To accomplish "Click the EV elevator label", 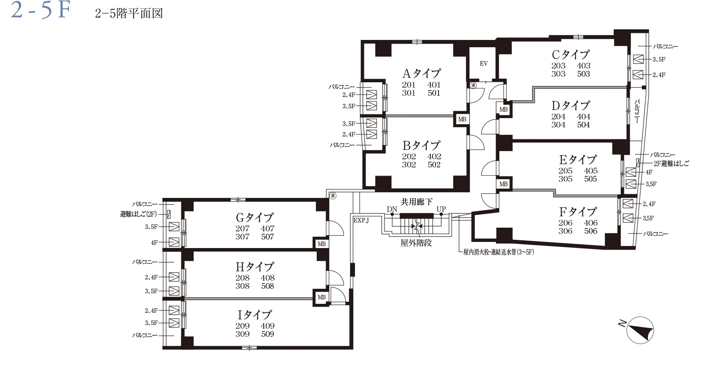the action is [483, 64].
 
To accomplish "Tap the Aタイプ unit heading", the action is [421, 73].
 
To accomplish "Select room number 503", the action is [584, 74].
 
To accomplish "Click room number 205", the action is [565, 171].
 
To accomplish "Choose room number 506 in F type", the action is [591, 231].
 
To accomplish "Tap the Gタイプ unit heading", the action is [255, 217].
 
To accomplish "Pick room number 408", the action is [268, 278].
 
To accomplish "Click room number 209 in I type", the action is [242, 326].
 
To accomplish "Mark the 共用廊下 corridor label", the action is [417, 202].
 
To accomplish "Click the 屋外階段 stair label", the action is [416, 243].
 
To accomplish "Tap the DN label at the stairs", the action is [392, 209].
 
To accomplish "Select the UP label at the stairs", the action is [441, 209].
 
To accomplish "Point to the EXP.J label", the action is [361, 220].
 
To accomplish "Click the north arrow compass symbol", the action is [640, 330].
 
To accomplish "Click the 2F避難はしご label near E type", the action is [671, 163].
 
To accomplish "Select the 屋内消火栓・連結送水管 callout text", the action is [498, 252].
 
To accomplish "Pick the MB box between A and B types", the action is [462, 119].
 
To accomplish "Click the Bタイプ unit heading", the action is [421, 145].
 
